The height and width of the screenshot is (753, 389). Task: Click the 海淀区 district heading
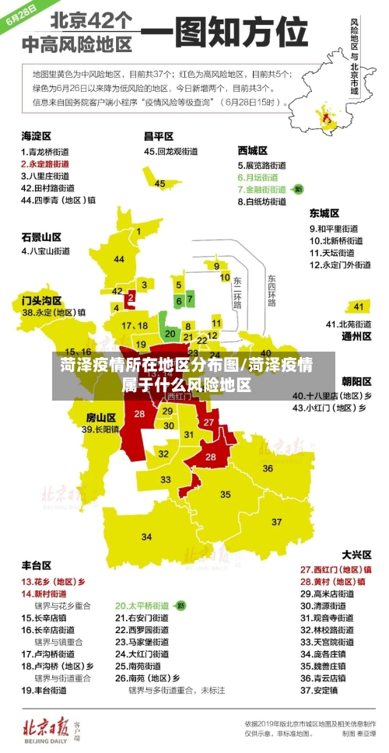click(35, 135)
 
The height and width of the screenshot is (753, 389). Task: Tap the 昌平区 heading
click(158, 135)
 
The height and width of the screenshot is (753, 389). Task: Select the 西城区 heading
click(252, 149)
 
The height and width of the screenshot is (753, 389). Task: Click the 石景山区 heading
click(40, 236)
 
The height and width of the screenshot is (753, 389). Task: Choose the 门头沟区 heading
click(40, 299)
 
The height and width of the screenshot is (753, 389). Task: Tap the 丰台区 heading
click(36, 566)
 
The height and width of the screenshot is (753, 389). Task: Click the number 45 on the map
click(159, 184)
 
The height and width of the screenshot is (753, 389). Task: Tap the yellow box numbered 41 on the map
click(356, 306)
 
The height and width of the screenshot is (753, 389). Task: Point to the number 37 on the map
click(277, 521)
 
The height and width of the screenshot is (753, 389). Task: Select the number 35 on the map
click(225, 494)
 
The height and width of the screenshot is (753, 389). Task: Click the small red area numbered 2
click(131, 297)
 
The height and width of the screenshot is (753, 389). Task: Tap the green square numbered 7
click(190, 299)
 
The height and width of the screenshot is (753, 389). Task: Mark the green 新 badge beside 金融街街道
click(298, 189)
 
